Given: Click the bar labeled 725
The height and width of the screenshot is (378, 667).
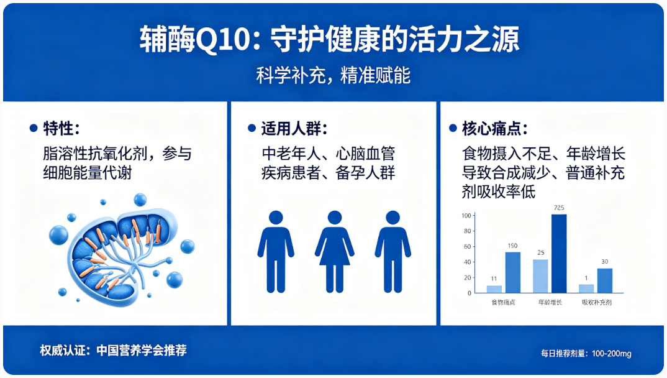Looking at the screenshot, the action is click(559, 253).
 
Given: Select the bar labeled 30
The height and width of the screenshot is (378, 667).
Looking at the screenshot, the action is click(605, 280).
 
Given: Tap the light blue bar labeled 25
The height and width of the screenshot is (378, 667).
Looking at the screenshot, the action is click(540, 276).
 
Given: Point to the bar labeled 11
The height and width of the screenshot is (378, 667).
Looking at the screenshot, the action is click(494, 289).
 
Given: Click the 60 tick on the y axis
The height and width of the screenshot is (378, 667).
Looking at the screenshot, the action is click(468, 246).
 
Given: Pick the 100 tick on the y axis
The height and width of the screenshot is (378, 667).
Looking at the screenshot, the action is click(466, 216).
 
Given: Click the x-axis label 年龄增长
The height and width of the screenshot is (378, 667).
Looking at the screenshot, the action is click(550, 302).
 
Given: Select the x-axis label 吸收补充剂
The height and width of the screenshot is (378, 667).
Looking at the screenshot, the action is click(597, 302).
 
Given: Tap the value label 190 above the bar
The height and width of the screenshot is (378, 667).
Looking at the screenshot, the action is click(512, 246).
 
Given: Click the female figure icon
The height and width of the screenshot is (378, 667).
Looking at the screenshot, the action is click(335, 251).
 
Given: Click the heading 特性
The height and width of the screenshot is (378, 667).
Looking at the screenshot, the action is click(61, 128).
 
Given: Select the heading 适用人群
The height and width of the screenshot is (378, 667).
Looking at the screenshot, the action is click(294, 128).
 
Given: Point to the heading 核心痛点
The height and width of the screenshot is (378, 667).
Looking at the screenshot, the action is click(495, 128).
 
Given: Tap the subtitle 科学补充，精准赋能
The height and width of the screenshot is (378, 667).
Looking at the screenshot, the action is click(333, 76).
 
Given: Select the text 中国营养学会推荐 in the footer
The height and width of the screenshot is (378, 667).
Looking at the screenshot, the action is click(142, 350).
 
